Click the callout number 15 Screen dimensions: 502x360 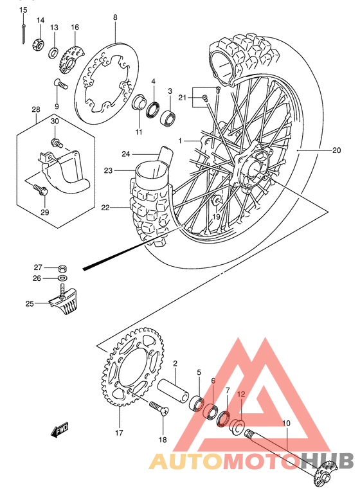coord(23,10)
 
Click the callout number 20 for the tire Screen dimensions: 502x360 coord(336,151)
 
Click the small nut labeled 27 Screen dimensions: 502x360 coord(61,267)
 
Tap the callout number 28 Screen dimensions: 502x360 coord(36,110)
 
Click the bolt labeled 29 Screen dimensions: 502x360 coord(40,190)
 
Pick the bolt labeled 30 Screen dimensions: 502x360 coord(57,142)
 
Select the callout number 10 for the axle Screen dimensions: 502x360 coord(286,423)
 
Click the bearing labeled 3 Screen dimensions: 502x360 coord(170,118)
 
